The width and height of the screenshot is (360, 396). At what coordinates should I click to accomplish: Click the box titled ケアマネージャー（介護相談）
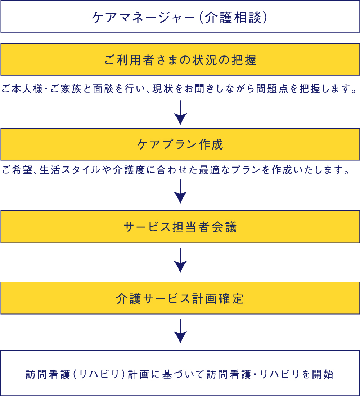(180, 17)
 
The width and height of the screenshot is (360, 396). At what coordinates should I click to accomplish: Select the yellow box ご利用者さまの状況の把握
(180, 59)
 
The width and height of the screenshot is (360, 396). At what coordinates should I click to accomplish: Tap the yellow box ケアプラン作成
(180, 144)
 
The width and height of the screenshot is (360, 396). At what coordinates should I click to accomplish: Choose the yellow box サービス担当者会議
(180, 227)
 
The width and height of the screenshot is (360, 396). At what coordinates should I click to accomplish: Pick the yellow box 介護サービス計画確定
(180, 298)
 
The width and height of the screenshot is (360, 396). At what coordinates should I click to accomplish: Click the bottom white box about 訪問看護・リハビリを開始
(180, 373)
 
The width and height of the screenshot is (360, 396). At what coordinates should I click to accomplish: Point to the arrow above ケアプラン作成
(180, 113)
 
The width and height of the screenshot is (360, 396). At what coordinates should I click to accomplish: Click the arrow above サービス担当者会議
(180, 191)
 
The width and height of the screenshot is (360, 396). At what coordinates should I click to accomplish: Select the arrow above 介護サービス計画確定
(180, 261)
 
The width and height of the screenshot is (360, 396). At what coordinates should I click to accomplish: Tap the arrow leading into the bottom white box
(180, 331)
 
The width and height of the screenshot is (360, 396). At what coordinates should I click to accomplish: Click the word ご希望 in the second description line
(17, 170)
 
